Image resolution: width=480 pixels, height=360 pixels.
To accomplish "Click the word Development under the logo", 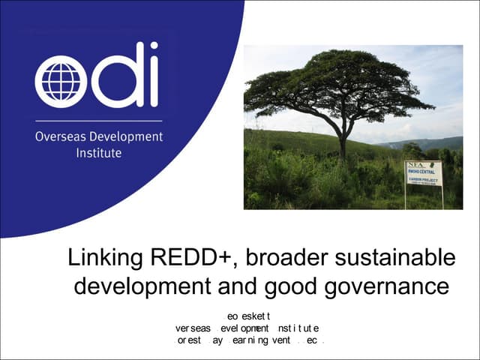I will click(127, 138).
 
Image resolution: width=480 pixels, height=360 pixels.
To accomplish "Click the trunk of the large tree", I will click(342, 142).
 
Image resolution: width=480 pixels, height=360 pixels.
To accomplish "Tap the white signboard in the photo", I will click(424, 172).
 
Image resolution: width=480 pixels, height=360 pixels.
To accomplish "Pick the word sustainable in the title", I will click(397, 258).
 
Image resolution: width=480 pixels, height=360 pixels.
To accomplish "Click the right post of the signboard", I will click(442, 196).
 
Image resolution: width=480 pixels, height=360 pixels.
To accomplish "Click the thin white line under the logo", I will click(98, 121).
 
